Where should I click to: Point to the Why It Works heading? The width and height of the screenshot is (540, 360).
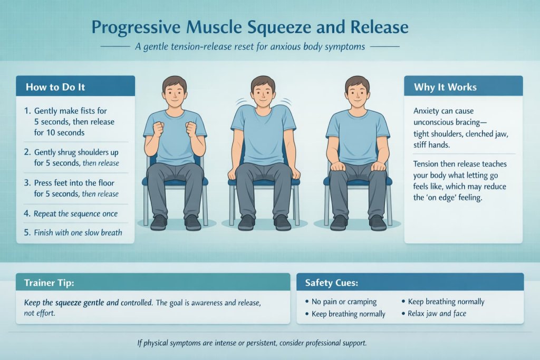[446, 86]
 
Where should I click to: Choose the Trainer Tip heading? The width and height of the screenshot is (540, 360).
[49, 283]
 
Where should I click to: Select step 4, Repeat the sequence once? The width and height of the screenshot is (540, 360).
[75, 214]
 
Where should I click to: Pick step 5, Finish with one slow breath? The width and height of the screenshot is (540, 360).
[78, 232]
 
